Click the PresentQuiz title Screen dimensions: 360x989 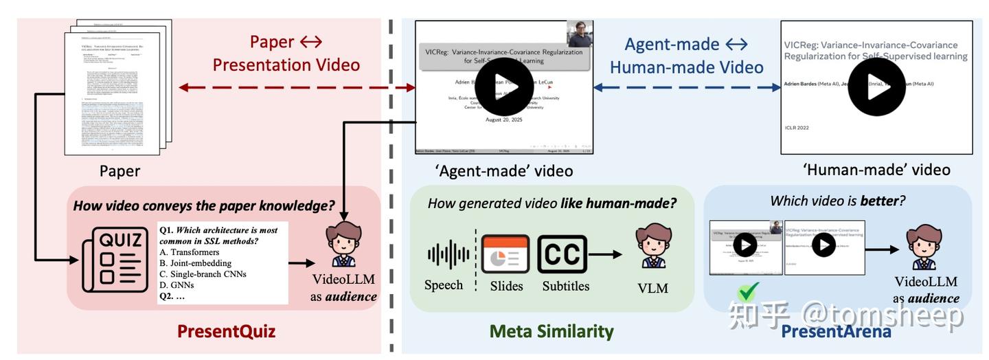(x=226, y=331)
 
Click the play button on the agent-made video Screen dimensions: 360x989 (x=504, y=87)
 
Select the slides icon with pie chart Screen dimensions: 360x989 (x=505, y=255)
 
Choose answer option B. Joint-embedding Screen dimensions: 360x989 (x=195, y=262)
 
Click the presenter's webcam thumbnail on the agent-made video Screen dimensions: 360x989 (x=580, y=34)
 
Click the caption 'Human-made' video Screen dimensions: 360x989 (x=876, y=170)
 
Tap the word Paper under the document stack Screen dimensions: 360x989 (x=120, y=170)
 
